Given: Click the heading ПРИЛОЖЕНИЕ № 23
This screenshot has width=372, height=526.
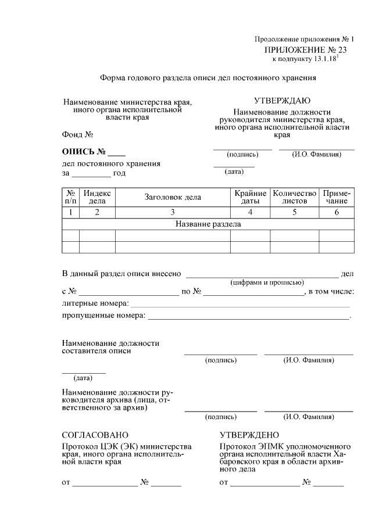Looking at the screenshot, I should (304, 50).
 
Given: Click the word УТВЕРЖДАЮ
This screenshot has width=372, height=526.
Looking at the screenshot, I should (282, 101).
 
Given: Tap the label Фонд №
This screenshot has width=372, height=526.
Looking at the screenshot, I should (78, 135).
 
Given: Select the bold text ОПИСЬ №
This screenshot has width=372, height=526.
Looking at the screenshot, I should (84, 152).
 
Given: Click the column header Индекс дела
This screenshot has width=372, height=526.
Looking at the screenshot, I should (97, 197).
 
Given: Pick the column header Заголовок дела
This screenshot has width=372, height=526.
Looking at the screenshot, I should (173, 197).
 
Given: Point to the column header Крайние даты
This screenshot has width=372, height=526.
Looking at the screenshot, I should (250, 197).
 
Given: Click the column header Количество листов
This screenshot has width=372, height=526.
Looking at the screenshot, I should (295, 197).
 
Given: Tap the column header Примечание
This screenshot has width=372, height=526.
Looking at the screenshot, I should (337, 197).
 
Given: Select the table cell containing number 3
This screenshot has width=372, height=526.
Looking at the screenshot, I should (173, 212).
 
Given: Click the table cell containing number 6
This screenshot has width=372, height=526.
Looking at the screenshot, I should (337, 212).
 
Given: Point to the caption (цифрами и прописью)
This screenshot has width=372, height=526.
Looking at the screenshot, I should (267, 282).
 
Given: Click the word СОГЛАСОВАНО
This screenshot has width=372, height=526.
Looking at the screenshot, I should (95, 435).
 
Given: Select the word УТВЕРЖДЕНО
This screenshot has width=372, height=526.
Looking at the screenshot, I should (249, 435).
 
